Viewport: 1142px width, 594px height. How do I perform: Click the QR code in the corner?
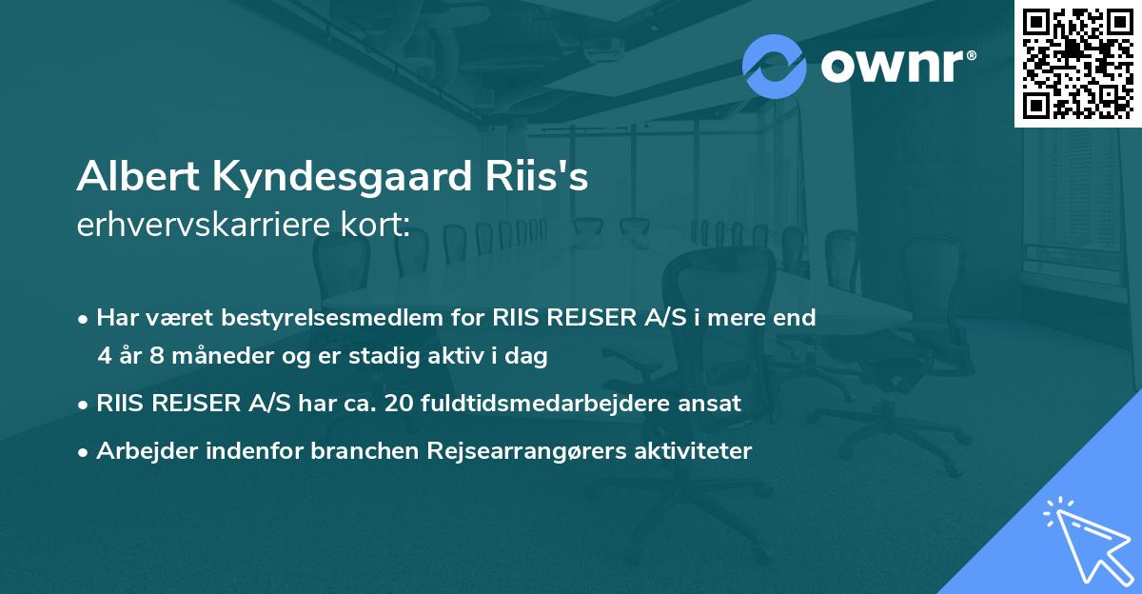click(x=1077, y=63)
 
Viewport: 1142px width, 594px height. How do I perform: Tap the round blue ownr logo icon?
click(x=775, y=66)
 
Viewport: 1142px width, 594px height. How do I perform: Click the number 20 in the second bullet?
click(x=400, y=404)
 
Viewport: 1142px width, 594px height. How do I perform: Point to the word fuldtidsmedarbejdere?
click(x=552, y=404)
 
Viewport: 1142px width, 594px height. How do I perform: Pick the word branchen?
click(x=358, y=451)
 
